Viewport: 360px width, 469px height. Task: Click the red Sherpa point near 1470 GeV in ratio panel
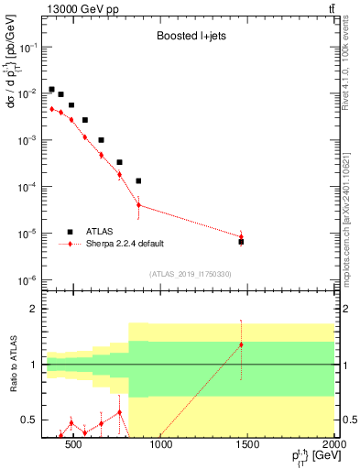[241, 344]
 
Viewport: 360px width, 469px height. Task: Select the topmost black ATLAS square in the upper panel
[51, 89]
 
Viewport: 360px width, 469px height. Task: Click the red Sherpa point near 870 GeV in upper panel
[138, 204]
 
